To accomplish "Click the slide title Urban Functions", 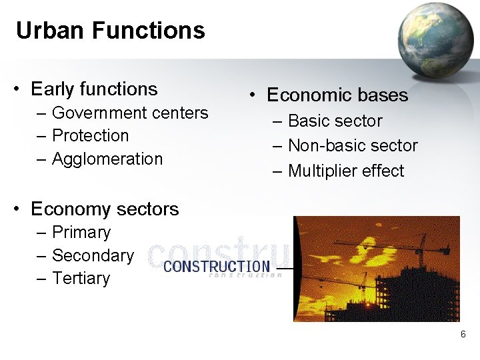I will pos(110,31).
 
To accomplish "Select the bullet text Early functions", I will pos(94,89).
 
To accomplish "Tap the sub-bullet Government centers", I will pos(130,113).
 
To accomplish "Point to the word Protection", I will pos(90,135).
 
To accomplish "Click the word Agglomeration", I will pos(107,159).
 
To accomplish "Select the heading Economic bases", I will pos(337,95).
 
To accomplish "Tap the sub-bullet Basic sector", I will pos(335,121).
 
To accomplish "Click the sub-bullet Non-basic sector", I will pos(353,146).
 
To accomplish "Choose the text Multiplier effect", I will pos(346,171).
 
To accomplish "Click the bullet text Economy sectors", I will pos(105,209).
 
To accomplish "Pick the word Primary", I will pos(81,233).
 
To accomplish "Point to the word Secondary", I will pos(93,255).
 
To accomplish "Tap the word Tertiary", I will pos(81,278).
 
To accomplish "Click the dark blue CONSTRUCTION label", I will pos(217,267).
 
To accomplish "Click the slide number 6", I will pos(463,334).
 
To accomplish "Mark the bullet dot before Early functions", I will pos(19,90).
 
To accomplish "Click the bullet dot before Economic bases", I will pos(254,96).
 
